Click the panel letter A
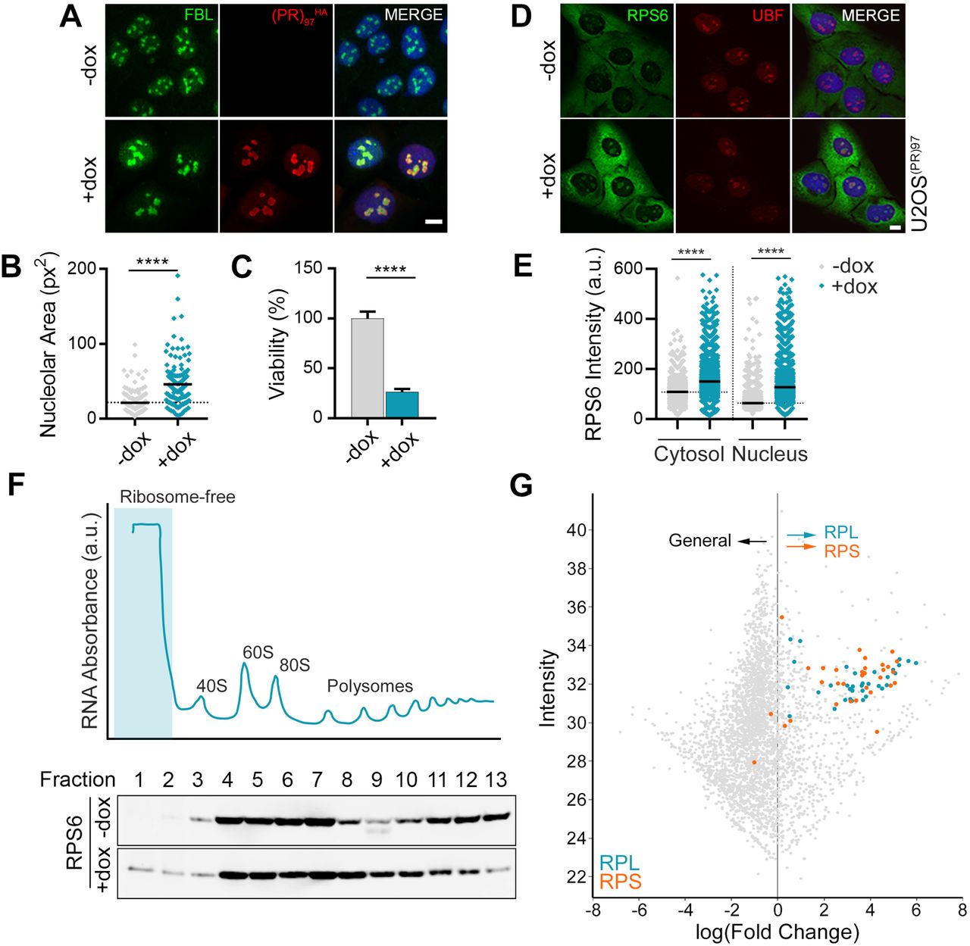pos(70,16)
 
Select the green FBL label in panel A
pos(199,14)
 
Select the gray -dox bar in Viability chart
pos(368,368)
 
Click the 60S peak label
pos(258,652)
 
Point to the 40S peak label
pos(211,686)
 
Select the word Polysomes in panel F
pos(370,686)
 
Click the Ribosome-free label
pos(177,497)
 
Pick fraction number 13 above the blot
pos(496,779)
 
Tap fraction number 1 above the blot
pos(139,779)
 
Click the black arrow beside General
pos(753,541)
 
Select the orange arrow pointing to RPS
pos(800,547)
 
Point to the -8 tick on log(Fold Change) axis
pos(594,909)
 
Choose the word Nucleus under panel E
pos(769,454)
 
